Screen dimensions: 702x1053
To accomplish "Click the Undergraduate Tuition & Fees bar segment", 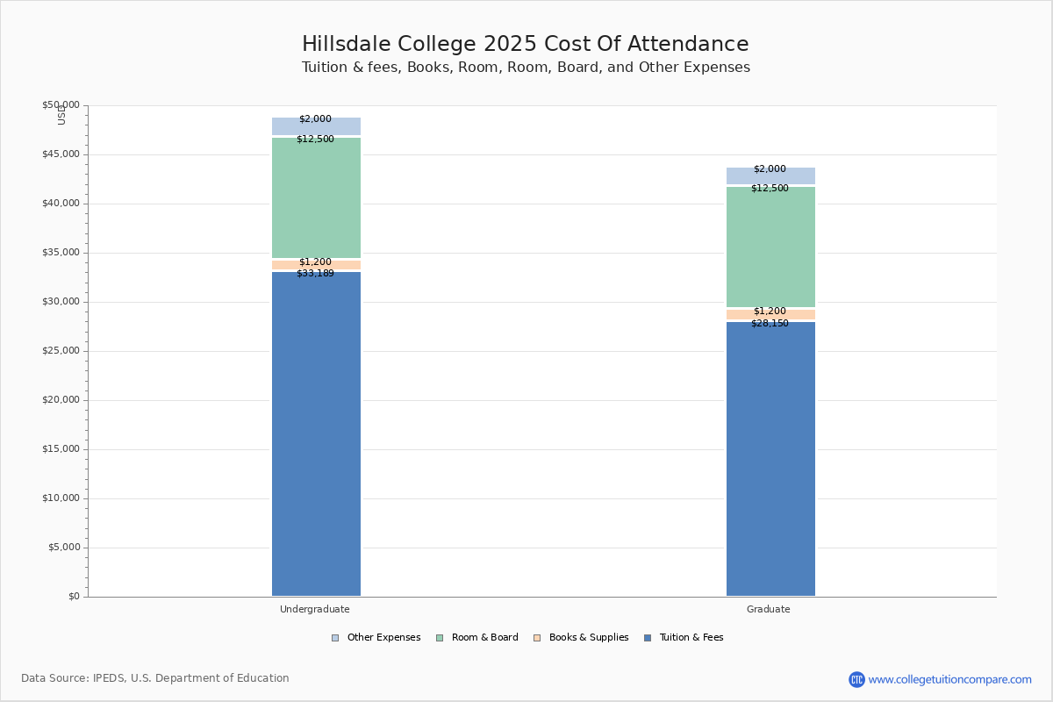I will click(316, 434).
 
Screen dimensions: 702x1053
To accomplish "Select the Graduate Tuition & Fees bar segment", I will click(770, 459).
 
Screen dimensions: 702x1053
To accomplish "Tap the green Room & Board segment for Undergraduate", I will click(316, 197).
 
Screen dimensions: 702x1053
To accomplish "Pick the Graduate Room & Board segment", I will click(770, 247).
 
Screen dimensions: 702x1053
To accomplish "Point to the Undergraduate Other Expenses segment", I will click(316, 126).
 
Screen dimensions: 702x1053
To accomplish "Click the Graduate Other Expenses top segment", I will click(770, 175).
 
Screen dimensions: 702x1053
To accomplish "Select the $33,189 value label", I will click(315, 274).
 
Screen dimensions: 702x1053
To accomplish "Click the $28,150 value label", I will click(770, 324).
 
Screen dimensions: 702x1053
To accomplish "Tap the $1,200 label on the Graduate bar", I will click(770, 312).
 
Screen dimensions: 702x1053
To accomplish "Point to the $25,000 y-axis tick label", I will click(61, 351).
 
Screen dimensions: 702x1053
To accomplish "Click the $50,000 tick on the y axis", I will click(61, 105).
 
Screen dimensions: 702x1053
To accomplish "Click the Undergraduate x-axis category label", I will click(315, 609).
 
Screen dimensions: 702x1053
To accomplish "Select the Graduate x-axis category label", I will click(769, 609).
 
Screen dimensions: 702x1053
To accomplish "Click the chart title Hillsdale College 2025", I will click(526, 45).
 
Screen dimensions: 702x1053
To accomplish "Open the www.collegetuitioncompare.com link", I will click(949, 679).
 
